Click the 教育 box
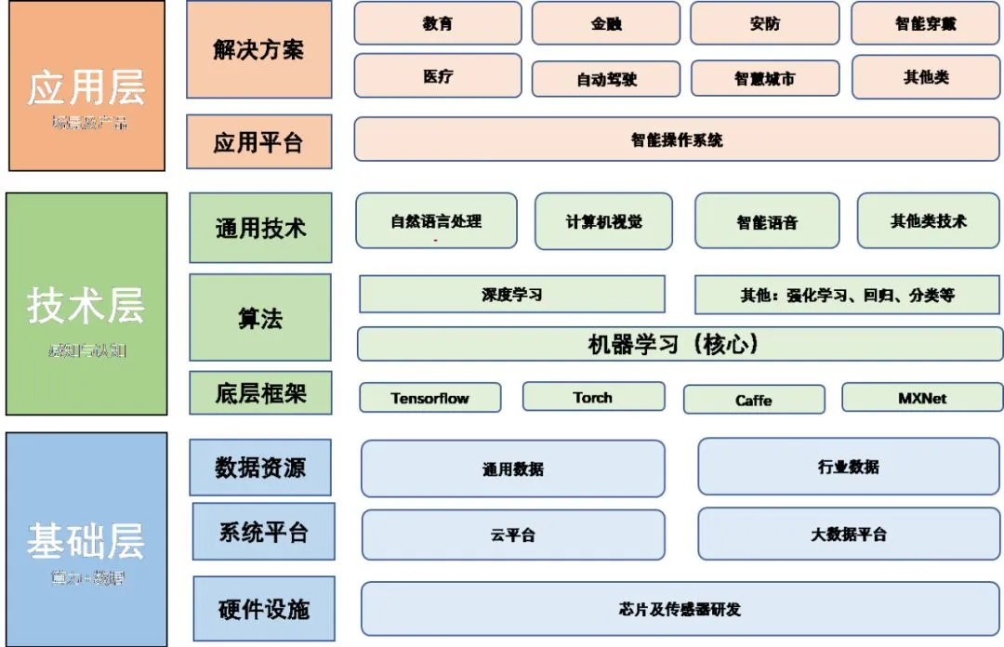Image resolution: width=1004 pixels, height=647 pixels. pyautogui.click(x=437, y=23)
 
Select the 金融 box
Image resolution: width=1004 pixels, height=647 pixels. pyautogui.click(x=606, y=23)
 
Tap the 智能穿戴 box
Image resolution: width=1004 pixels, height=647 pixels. pyautogui.click(x=925, y=23)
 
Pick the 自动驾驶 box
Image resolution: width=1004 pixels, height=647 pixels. pyautogui.click(x=606, y=79)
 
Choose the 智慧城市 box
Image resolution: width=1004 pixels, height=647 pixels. pyautogui.click(x=764, y=79)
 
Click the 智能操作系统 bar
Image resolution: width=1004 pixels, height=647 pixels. pyautogui.click(x=677, y=139)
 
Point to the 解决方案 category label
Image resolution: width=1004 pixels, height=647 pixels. pyautogui.click(x=258, y=49)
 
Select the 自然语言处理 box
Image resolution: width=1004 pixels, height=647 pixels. pyautogui.click(x=436, y=221)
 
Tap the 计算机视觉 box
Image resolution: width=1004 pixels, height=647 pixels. pyautogui.click(x=603, y=221)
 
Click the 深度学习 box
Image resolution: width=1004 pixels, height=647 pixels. pyautogui.click(x=511, y=295)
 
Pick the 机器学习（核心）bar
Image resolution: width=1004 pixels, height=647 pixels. pyautogui.click(x=680, y=344)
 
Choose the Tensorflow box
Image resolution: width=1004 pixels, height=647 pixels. pyautogui.click(x=429, y=398)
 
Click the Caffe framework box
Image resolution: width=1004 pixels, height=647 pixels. pyautogui.click(x=753, y=400)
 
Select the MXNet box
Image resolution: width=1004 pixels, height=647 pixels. pyautogui.click(x=922, y=397)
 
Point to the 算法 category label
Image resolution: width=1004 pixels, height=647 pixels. pyautogui.click(x=259, y=318)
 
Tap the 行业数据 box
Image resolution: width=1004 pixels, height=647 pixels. pyautogui.click(x=849, y=467)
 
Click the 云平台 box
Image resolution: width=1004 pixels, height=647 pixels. pyautogui.click(x=512, y=535)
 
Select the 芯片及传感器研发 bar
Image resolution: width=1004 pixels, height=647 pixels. pyautogui.click(x=680, y=609)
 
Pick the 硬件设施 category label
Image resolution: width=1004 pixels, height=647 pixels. pyautogui.click(x=263, y=609)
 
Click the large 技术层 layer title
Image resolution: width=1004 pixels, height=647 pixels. pyautogui.click(x=86, y=304)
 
